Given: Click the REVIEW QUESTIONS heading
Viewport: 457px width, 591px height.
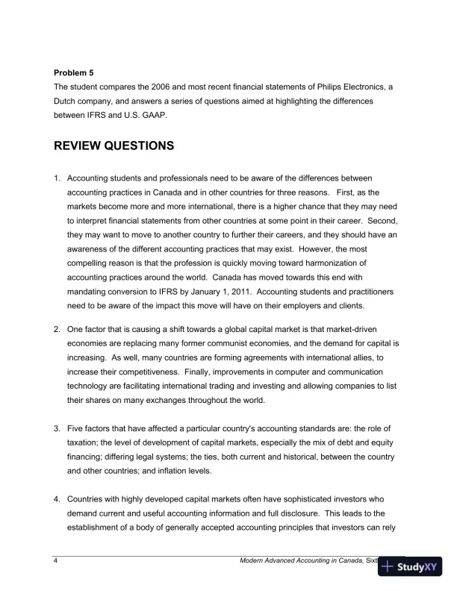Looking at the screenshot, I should (114, 146).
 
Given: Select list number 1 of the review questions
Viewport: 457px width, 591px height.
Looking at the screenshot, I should (57, 178).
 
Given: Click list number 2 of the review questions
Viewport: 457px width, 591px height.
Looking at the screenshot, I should (57, 330).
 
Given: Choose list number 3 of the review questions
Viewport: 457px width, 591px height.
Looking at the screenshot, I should (57, 428).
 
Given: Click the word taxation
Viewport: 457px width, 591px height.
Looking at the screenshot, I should (85, 443).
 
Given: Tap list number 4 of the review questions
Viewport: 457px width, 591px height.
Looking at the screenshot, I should (57, 499).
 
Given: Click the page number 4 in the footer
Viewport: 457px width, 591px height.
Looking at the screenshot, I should (57, 561).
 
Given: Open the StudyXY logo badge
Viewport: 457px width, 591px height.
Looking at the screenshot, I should (410, 567).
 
